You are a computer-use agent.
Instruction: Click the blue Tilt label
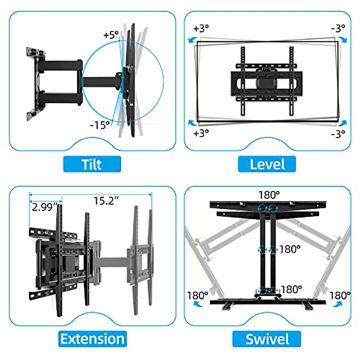(x=92, y=164)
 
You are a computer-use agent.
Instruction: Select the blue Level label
(x=267, y=164)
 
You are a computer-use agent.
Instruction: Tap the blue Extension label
(x=92, y=339)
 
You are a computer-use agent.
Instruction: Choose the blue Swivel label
(x=267, y=339)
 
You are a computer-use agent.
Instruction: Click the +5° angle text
(x=111, y=35)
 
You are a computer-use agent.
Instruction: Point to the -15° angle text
(x=100, y=125)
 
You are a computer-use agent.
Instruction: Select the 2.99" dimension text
(x=45, y=207)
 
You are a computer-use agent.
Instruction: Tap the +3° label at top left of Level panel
(x=201, y=28)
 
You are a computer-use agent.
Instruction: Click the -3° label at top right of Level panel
(x=338, y=28)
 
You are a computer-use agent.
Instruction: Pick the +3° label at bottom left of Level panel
(x=201, y=133)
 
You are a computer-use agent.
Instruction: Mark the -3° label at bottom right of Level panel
(x=338, y=133)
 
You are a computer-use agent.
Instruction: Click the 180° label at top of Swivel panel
(x=269, y=195)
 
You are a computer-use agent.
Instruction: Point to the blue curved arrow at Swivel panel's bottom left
(x=197, y=304)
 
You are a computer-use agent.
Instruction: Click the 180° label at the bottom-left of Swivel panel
(x=197, y=295)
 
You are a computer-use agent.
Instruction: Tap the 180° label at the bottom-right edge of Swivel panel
(x=340, y=295)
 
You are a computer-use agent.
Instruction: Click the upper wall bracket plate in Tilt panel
(x=36, y=53)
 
